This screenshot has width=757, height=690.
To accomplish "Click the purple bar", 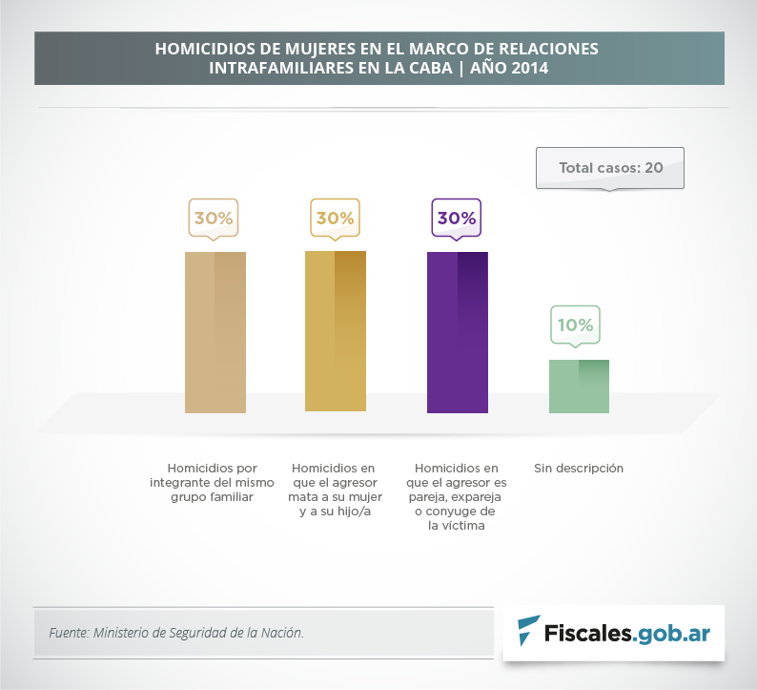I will [x=458, y=332].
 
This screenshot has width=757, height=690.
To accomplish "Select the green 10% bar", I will [x=579, y=386].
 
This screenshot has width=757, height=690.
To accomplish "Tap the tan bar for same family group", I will [x=215, y=332].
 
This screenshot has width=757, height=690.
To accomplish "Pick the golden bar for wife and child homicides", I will [x=336, y=331].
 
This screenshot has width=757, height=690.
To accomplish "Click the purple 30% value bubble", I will [x=457, y=218].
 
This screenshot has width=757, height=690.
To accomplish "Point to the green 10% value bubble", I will [x=575, y=325].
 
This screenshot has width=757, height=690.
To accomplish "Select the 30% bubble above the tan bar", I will [x=214, y=218].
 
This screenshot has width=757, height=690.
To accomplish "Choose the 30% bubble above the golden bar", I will [x=335, y=218].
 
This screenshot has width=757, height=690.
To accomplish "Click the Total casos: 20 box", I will [x=610, y=168].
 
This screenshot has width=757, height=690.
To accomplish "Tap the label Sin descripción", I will [x=579, y=469].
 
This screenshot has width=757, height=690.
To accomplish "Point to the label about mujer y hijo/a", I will [x=336, y=491].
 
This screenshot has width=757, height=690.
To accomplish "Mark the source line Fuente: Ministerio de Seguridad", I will [x=176, y=633].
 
